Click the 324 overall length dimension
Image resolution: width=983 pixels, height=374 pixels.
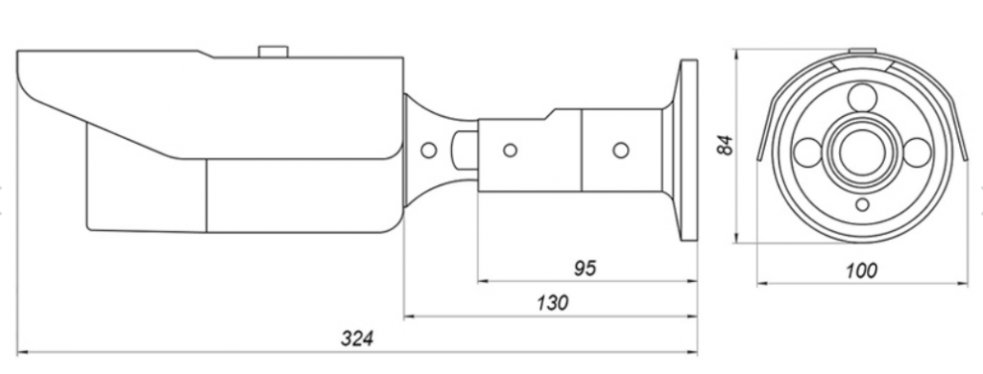357,339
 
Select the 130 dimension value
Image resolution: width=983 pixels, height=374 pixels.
552,303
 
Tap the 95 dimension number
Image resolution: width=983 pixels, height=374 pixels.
585,269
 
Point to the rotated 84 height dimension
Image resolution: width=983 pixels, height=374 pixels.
726,146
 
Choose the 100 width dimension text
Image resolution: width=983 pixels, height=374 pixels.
861,270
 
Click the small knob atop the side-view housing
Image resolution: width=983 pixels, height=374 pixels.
274,52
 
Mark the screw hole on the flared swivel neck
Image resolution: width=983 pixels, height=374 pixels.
429,151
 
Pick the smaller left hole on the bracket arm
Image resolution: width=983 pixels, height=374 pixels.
511,151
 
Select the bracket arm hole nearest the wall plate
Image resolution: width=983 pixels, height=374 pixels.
621,151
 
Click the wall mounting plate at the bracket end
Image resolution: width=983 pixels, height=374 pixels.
689,151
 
